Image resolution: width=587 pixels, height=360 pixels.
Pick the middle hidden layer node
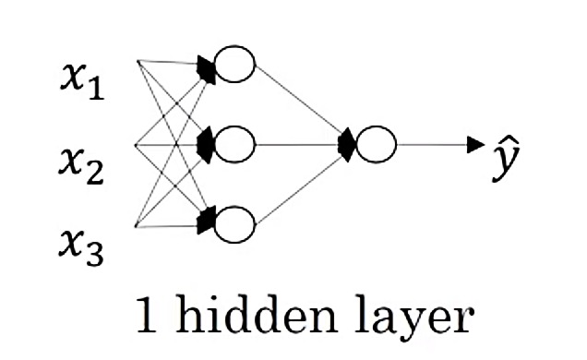pyautogui.click(x=234, y=144)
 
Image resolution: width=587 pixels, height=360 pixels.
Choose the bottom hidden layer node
pyautogui.click(x=234, y=222)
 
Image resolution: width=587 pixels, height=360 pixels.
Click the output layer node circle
pyautogui.click(x=376, y=144)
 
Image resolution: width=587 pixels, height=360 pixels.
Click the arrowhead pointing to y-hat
pyautogui.click(x=476, y=144)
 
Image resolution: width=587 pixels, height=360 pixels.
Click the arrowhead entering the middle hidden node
pyautogui.click(x=207, y=144)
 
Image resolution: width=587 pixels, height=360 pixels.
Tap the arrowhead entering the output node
pyautogui.click(x=347, y=144)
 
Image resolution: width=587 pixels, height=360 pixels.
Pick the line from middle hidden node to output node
pyautogui.click(x=295, y=144)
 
